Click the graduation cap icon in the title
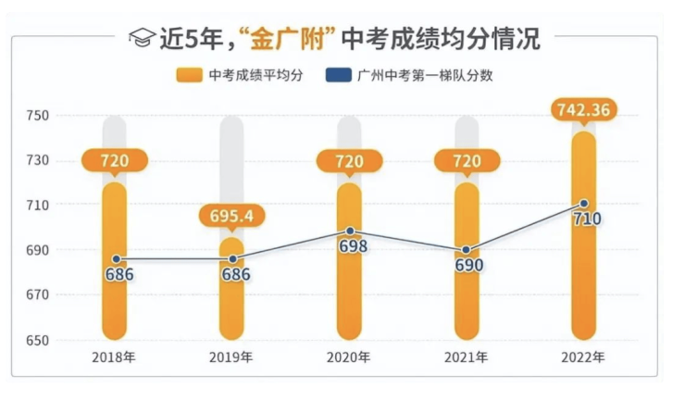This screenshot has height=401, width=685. coord(141,40)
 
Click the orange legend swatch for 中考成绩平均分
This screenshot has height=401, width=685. coord(190,75)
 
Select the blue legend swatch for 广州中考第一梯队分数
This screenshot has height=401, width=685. coord(339,75)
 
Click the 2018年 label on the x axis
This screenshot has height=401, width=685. coord(114,357)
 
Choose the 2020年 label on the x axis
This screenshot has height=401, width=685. coord(349,357)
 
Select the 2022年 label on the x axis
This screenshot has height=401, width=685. coord(583,357)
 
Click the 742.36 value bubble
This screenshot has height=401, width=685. coord(583,110)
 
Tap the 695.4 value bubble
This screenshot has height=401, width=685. coord(231,217)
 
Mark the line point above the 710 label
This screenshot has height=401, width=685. coord(583,204)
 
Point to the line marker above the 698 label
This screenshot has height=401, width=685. coord(349,231)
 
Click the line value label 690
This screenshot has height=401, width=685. coord(467,265)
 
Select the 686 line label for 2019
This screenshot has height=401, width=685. coord(231,274)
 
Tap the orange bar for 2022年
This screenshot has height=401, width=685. coord(583,278)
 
